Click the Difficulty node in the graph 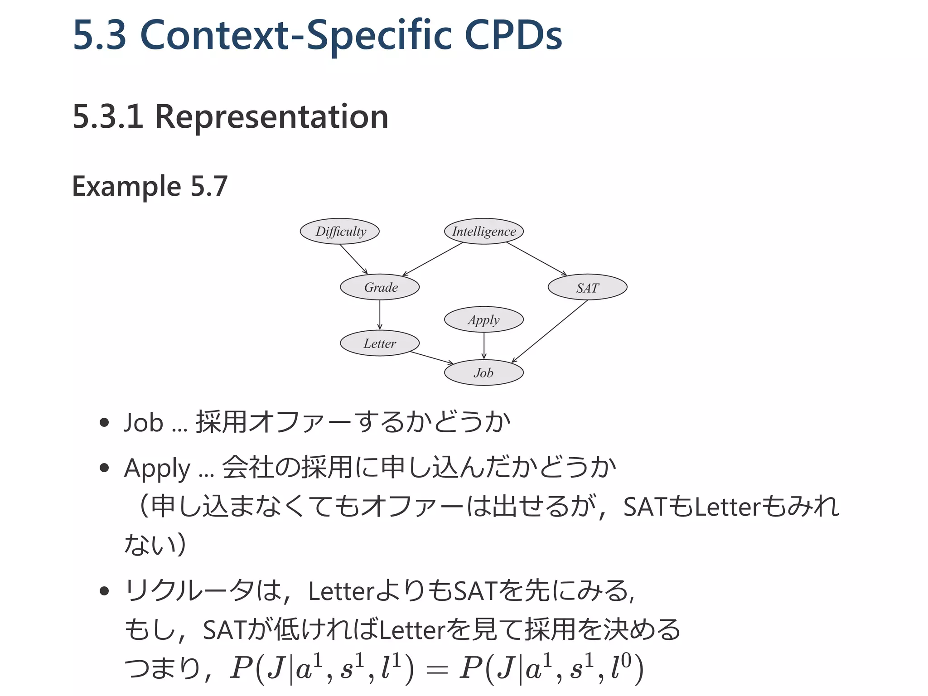coord(339,232)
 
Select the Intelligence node coord(484,232)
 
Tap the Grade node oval coord(380,287)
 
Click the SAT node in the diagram coord(587,287)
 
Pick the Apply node coord(484,320)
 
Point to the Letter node coord(380,343)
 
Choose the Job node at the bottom coord(484,373)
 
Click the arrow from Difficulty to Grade coord(353,259)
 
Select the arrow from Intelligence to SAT coord(536,259)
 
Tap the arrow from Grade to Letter coord(380,315)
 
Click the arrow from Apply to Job coord(484,346)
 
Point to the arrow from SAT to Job coord(550,331)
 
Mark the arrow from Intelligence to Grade coord(433,259)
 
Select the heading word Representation coord(271,117)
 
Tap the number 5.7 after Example coord(209,186)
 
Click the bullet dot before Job coord(105,423)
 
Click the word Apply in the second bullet coord(157,469)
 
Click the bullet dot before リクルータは coord(105,591)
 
